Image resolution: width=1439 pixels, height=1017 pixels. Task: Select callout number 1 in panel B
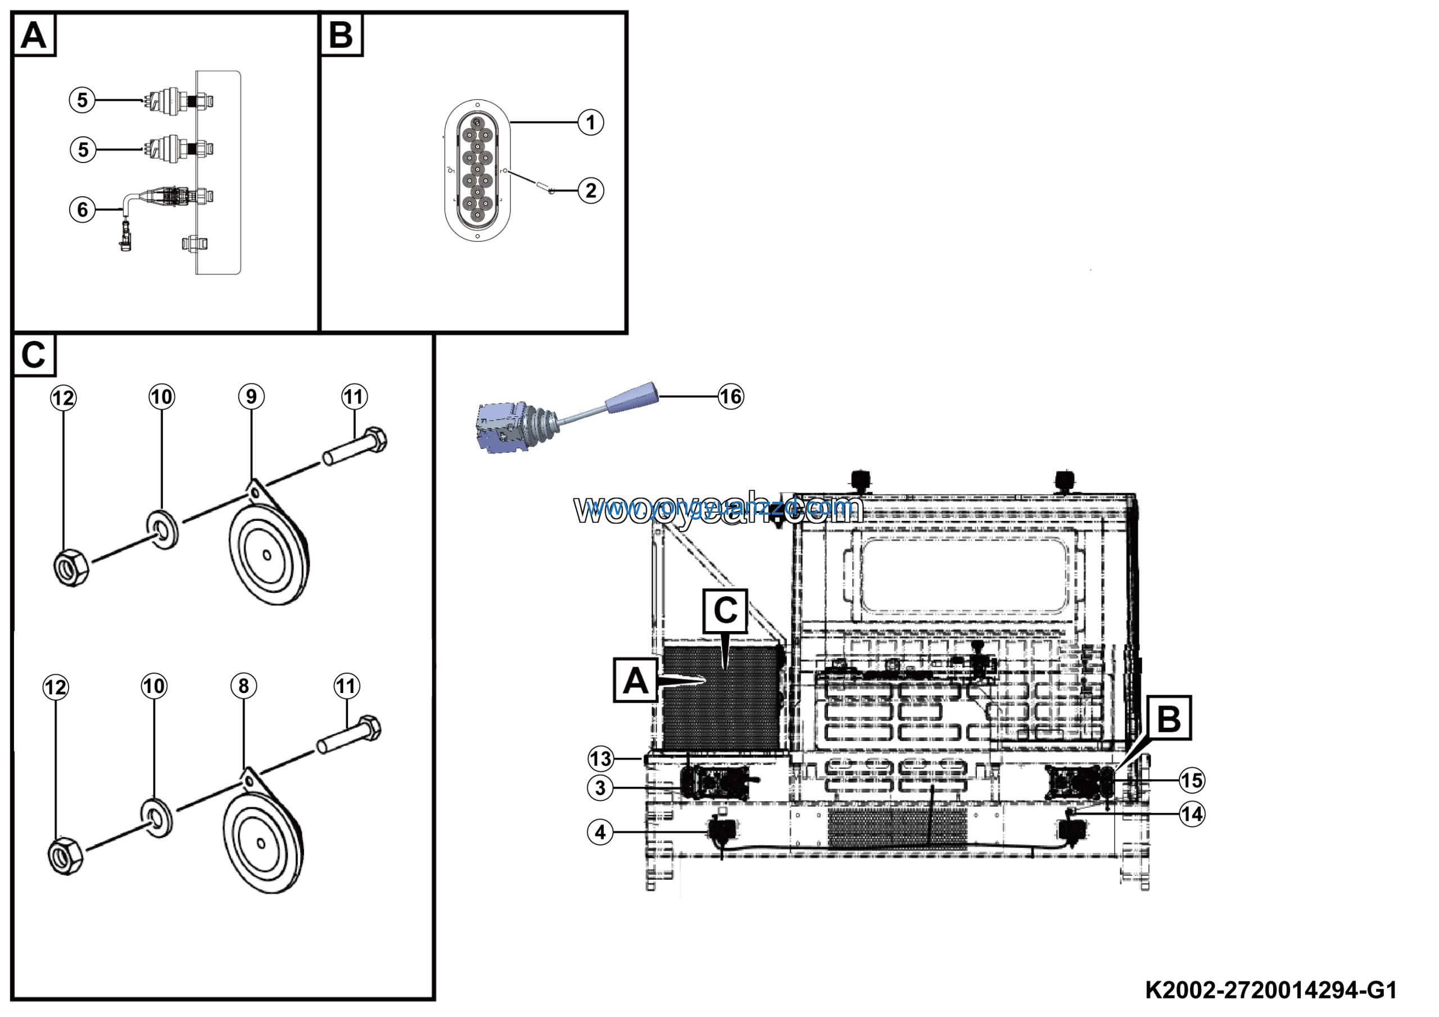(590, 122)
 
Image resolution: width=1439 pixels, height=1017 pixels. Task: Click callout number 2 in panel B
(590, 191)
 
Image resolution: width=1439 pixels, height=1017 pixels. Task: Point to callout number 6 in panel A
(82, 209)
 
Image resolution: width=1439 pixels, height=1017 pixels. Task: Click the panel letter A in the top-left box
(34, 35)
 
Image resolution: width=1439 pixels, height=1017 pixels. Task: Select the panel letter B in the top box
(341, 35)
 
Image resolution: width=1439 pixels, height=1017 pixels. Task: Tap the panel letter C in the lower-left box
(34, 355)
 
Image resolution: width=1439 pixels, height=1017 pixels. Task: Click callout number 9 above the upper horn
(251, 396)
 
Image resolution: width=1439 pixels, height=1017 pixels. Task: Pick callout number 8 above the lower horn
(244, 686)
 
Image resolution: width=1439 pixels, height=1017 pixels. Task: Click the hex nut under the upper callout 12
(71, 568)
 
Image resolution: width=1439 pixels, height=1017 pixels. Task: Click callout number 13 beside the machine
(600, 759)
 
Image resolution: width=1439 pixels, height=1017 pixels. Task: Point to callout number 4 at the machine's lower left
(600, 832)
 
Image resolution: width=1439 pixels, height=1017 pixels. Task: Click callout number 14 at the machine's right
(1192, 814)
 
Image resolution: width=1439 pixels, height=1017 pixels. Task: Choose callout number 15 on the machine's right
(1192, 781)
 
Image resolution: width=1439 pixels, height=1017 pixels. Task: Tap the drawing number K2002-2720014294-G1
(1271, 991)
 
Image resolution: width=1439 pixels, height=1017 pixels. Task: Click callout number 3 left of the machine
(600, 787)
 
